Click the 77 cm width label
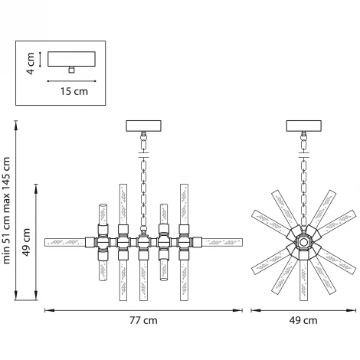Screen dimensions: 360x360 pyautogui.click(x=143, y=320)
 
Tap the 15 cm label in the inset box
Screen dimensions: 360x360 pyautogui.click(x=74, y=91)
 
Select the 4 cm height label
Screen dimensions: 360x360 pyautogui.click(x=31, y=63)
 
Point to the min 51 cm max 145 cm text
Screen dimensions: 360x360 pyautogui.click(x=6, y=211)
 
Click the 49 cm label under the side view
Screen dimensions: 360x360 pyautogui.click(x=303, y=320)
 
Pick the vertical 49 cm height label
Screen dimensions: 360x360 pyautogui.click(x=26, y=242)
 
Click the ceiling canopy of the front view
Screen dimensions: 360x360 pyautogui.click(x=144, y=126)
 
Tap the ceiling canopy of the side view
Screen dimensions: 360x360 pyautogui.click(x=304, y=126)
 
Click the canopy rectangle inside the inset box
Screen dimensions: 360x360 pyautogui.click(x=71, y=59)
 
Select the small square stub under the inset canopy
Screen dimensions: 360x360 pyautogui.click(x=71, y=70)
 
